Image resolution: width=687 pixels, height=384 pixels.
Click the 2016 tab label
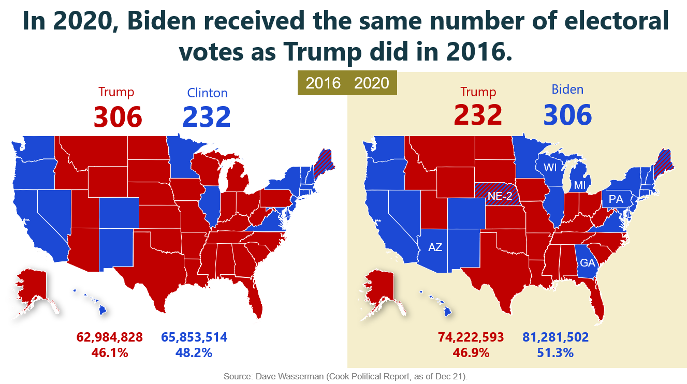323,83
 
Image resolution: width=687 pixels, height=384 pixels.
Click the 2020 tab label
371,83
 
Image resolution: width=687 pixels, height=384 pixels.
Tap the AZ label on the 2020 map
435,247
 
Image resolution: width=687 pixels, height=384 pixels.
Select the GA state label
588,262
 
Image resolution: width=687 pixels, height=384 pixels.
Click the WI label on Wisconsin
550,167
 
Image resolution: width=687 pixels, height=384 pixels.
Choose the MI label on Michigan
580,185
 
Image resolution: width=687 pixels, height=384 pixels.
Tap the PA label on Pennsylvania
616,199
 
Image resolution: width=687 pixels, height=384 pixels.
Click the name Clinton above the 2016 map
207,93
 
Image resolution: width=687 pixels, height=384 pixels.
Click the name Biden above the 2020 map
567,90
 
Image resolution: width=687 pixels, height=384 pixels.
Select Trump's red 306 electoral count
118,117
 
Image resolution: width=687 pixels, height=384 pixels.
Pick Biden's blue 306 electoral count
567,115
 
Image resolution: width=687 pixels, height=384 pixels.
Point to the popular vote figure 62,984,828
110,337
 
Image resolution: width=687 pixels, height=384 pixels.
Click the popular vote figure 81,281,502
556,337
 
